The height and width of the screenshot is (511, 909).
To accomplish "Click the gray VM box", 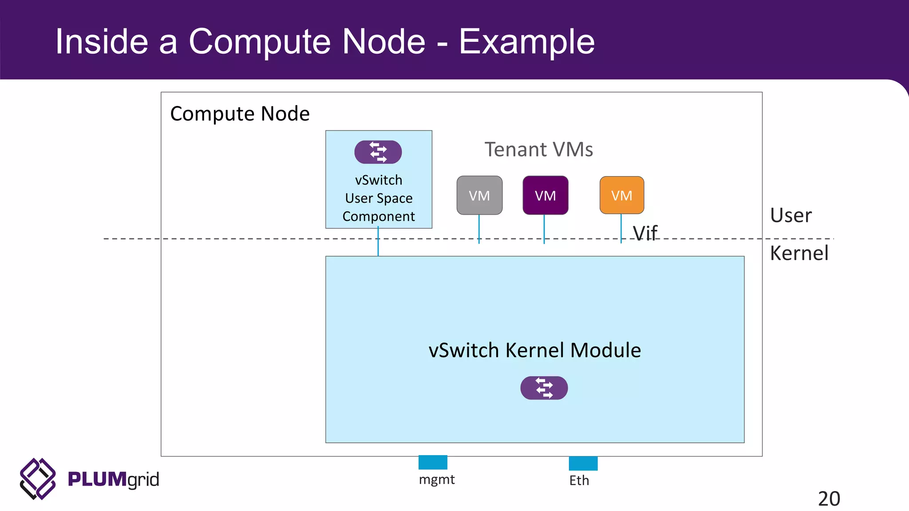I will click(479, 195).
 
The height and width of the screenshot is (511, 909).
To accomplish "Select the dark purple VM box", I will click(545, 195).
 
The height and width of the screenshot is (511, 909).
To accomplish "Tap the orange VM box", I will click(621, 195).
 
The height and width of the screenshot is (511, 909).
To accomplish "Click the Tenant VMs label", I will click(538, 149).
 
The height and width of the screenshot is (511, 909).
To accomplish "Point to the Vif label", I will click(645, 233).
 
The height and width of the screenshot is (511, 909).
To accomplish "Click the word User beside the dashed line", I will click(790, 216).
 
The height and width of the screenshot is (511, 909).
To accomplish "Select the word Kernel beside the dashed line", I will click(799, 253).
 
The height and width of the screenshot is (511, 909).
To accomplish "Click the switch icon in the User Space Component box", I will click(378, 152).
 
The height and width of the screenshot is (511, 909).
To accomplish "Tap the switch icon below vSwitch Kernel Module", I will click(544, 388).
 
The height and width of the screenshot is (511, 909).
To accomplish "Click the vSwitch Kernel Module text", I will click(534, 350).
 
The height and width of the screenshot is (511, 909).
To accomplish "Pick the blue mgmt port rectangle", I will click(433, 462).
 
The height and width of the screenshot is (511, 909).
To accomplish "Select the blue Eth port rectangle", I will click(583, 463).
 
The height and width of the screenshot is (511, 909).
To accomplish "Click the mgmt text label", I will click(437, 480).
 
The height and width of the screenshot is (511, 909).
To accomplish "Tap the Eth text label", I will click(579, 480).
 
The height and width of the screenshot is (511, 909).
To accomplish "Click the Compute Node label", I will click(240, 114).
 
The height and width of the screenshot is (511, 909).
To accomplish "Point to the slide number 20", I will click(829, 499).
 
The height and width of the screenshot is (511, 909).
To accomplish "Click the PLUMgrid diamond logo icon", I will click(38, 479).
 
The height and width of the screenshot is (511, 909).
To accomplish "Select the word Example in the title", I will click(526, 42).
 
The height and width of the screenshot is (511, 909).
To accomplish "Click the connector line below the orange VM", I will click(621, 228).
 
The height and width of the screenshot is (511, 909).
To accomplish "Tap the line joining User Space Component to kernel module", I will click(378, 242).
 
